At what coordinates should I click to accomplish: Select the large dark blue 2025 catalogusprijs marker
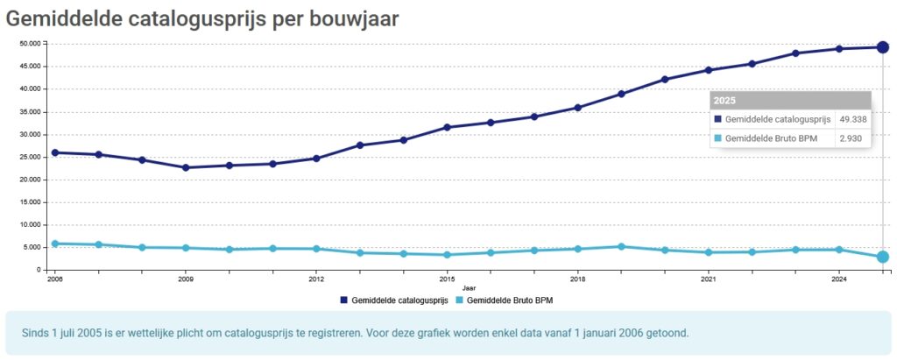click(883, 47)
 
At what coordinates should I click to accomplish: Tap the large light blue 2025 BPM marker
click(883, 257)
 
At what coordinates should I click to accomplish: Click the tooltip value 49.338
click(853, 119)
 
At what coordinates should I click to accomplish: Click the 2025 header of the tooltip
click(724, 101)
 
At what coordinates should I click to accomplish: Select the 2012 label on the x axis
click(316, 279)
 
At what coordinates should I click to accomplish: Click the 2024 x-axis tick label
click(838, 279)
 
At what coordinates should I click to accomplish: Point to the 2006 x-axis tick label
click(55, 279)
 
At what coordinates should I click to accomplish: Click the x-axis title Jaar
click(469, 287)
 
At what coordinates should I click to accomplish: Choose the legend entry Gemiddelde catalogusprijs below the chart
click(399, 300)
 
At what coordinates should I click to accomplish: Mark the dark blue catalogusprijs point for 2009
click(186, 167)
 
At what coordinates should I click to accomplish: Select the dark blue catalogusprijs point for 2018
click(577, 108)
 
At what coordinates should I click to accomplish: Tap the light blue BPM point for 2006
click(55, 244)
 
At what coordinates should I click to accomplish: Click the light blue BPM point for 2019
click(621, 246)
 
